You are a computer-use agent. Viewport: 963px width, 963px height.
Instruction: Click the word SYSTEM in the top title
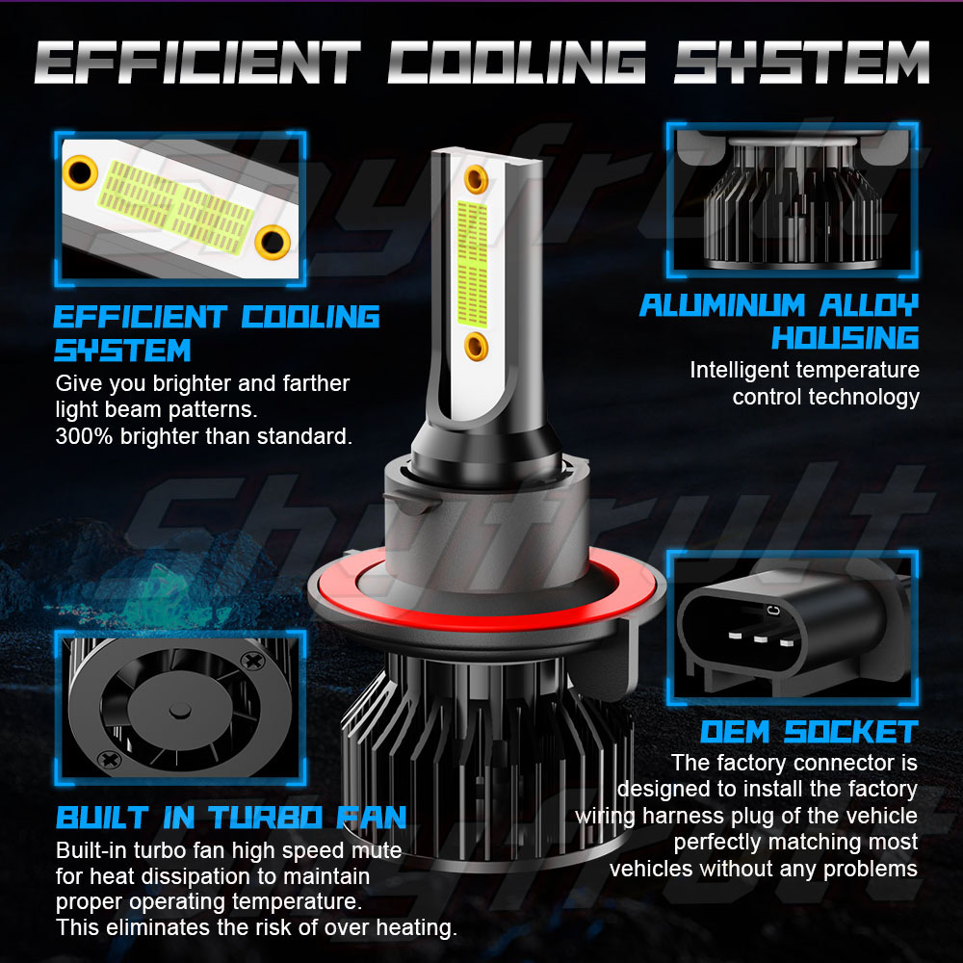[801, 62]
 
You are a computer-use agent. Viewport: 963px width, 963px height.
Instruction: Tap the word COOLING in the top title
[516, 62]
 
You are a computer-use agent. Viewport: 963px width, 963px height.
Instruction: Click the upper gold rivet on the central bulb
[476, 179]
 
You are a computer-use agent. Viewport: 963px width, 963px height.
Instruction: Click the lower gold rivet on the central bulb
[476, 346]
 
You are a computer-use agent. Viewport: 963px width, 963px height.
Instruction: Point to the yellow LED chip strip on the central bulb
[472, 264]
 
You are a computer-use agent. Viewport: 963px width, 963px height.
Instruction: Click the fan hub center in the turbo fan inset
[180, 711]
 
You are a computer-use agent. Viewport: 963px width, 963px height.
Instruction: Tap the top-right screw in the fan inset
[252, 661]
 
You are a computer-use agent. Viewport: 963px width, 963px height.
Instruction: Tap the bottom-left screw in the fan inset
[110, 759]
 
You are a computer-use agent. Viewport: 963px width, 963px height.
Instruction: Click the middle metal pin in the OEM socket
[761, 638]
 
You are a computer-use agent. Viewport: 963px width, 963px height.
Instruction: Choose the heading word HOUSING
[846, 338]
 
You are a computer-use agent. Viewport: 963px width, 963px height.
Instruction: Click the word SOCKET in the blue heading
[851, 732]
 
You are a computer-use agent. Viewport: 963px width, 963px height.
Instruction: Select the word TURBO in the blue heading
[266, 818]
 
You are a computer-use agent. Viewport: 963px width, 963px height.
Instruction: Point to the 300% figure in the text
[84, 436]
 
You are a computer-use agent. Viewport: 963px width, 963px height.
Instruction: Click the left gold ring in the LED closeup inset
[80, 172]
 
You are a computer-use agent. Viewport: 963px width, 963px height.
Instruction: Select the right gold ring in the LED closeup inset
[273, 242]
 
